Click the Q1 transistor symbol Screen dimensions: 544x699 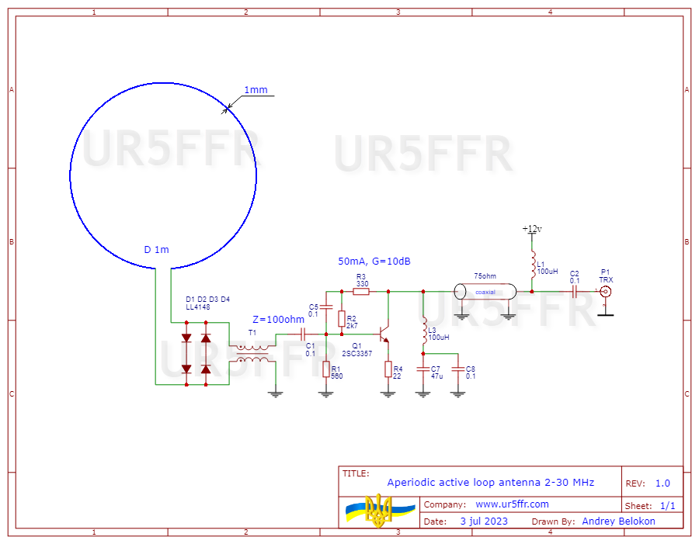click(x=383, y=334)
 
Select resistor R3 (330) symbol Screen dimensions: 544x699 click(x=361, y=292)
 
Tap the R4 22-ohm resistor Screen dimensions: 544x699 click(x=388, y=369)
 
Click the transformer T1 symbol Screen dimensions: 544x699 click(x=252, y=352)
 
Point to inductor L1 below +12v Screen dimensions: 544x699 click(x=533, y=265)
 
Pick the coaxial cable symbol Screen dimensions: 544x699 click(x=485, y=292)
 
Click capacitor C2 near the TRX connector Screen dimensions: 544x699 click(x=575, y=292)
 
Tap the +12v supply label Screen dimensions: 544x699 click(x=532, y=229)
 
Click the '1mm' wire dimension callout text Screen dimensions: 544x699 click(x=256, y=90)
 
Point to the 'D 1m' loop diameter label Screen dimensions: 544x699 click(x=156, y=249)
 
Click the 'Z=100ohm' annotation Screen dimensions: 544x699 click(x=279, y=319)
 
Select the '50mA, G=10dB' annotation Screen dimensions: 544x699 click(x=374, y=262)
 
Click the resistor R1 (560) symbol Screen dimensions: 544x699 click(x=326, y=369)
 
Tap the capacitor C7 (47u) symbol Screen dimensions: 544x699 click(x=423, y=368)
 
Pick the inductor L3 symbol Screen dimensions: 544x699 click(x=423, y=331)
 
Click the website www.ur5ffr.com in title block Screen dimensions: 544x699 click(x=512, y=504)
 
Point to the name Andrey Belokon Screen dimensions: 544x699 click(x=618, y=521)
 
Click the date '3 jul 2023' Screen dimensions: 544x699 click(x=484, y=521)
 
